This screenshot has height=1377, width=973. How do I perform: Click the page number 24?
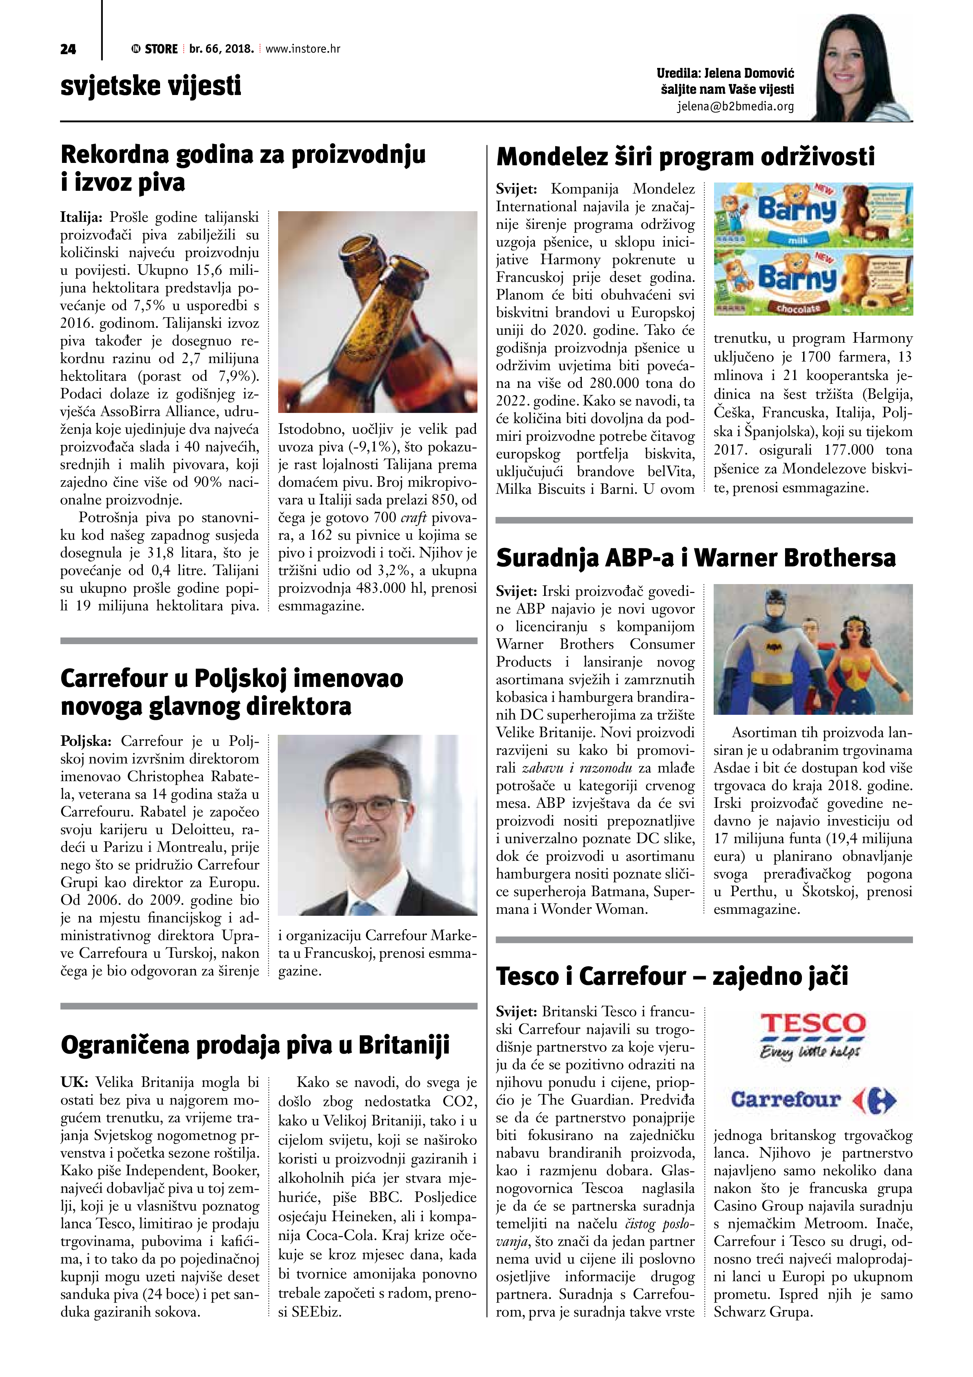[68, 49]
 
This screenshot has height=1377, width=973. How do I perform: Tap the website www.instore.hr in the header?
[303, 49]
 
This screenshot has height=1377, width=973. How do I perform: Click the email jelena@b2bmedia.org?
[736, 107]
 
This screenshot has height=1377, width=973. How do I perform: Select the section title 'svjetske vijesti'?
[151, 85]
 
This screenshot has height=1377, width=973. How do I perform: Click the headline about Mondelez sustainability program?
[686, 157]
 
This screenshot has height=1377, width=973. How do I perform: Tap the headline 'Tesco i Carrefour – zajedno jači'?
[672, 976]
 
